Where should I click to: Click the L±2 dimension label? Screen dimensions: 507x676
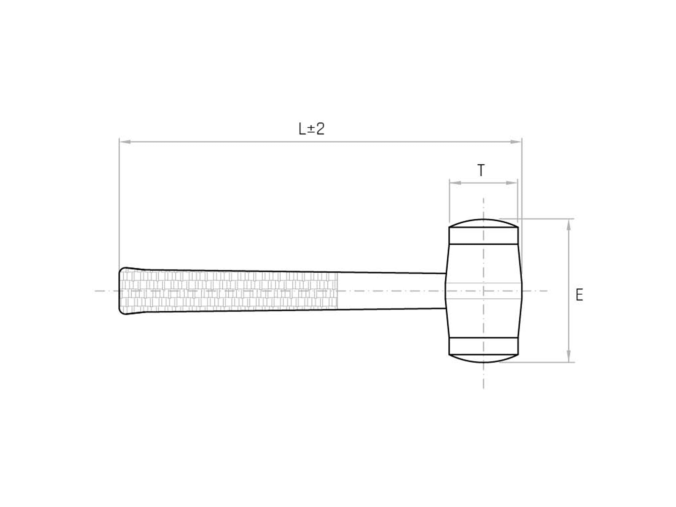pyautogui.click(x=312, y=129)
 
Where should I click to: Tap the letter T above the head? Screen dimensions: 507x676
pyautogui.click(x=481, y=170)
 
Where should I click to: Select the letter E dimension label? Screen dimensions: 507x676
pyautogui.click(x=579, y=295)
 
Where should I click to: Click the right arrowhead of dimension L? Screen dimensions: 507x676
pyautogui.click(x=516, y=142)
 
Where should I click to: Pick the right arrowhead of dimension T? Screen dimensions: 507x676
pyautogui.click(x=512, y=183)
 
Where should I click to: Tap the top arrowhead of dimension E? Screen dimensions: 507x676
pyautogui.click(x=569, y=225)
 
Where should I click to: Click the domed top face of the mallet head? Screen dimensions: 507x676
pyautogui.click(x=484, y=223)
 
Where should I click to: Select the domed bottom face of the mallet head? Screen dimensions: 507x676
pyautogui.click(x=484, y=358)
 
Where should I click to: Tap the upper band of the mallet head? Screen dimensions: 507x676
pyautogui.click(x=484, y=236)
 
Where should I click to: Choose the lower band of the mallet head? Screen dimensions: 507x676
pyautogui.click(x=484, y=346)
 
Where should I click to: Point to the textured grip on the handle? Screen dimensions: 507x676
pyautogui.click(x=228, y=290)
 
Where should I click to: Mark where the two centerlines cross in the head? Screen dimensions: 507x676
pyautogui.click(x=484, y=291)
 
